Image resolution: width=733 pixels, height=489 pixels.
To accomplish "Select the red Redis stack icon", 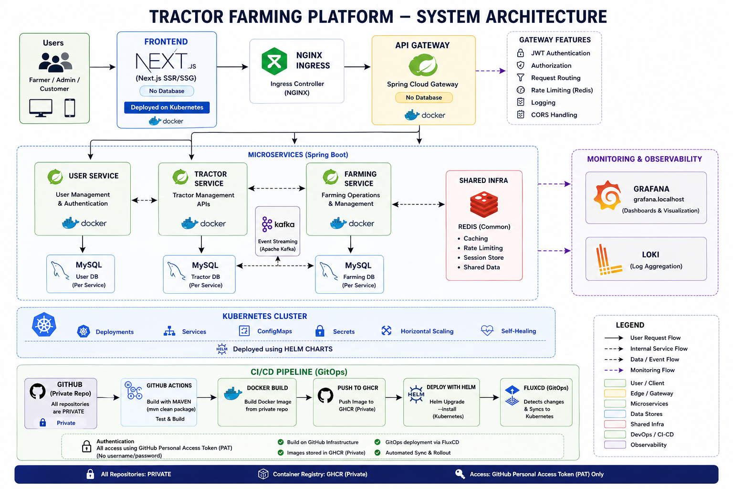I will [x=484, y=205].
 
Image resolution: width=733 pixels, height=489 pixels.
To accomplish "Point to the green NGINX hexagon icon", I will [x=274, y=61].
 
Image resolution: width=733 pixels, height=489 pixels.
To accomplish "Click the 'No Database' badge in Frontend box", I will [x=167, y=91].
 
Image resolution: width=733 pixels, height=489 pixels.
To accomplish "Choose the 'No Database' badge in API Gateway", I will [x=424, y=97].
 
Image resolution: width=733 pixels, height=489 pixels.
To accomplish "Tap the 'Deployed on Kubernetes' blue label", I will [x=167, y=107].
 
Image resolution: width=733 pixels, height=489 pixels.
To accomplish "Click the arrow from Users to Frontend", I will [x=103, y=67].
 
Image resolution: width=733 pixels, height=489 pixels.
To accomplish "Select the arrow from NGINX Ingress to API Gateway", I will [x=357, y=67].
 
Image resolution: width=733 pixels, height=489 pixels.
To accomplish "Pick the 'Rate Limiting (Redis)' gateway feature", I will [x=562, y=90].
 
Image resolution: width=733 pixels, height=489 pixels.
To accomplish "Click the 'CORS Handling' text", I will [x=554, y=115].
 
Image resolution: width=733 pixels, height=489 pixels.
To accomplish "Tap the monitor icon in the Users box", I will [x=41, y=107].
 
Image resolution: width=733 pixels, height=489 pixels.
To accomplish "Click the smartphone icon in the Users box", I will [x=70, y=107].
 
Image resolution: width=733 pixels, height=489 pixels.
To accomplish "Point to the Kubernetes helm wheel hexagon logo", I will [x=44, y=325].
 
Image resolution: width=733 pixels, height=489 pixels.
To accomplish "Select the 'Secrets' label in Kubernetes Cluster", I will [x=344, y=331].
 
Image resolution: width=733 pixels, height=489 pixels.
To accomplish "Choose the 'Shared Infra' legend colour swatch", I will [x=615, y=424].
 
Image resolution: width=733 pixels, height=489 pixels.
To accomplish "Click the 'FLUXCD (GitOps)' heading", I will [x=546, y=388].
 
